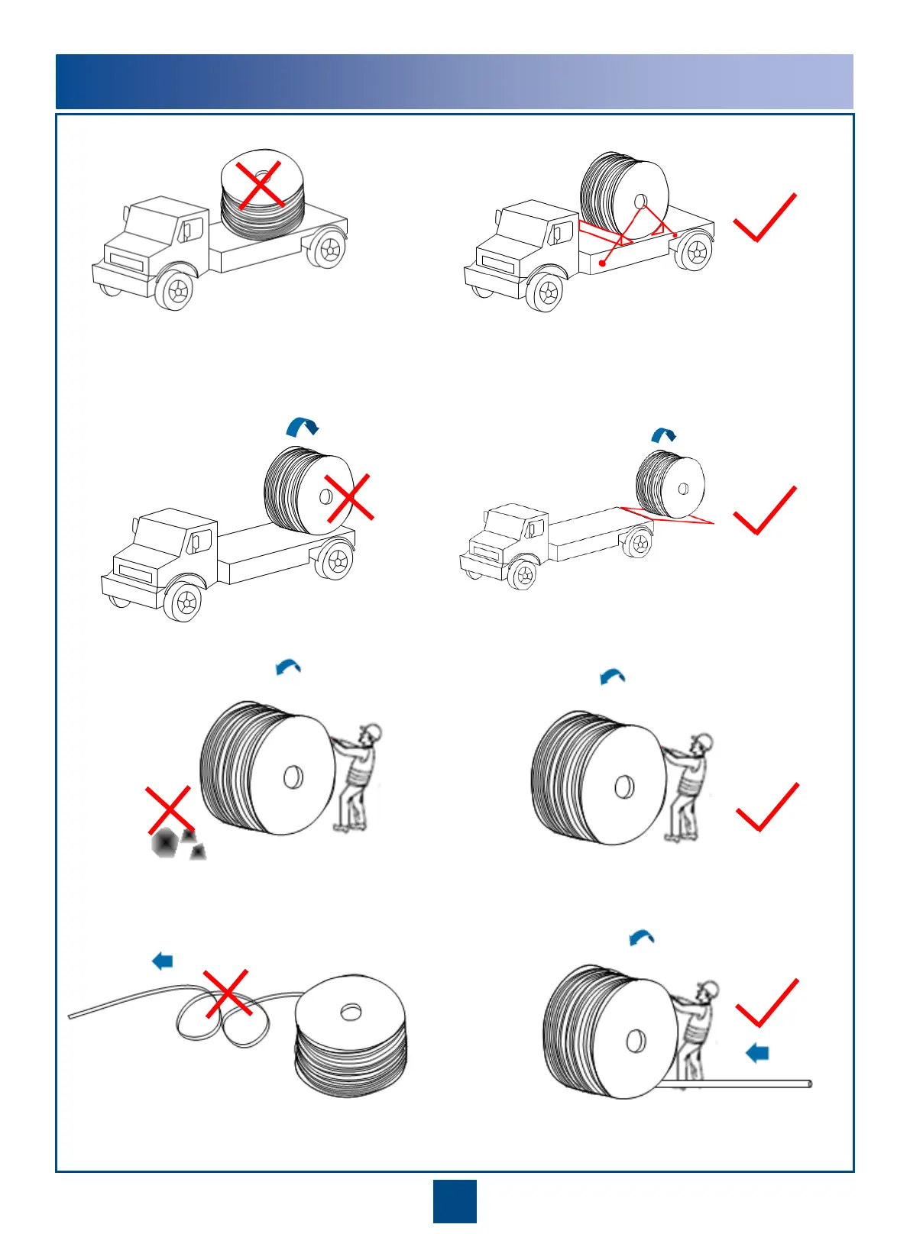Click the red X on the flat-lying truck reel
tap(261, 185)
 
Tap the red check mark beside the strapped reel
tap(764, 218)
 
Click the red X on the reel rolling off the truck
tap(349, 497)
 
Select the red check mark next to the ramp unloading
tap(764, 511)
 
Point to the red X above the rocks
tap(169, 810)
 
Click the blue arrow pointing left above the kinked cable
tap(163, 961)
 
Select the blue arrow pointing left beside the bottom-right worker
tap(757, 1054)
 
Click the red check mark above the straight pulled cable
tap(766, 1003)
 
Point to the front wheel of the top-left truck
tap(177, 291)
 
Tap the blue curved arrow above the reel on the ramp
tap(663, 435)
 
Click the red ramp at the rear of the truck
tap(672, 516)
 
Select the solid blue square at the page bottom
tap(455, 1201)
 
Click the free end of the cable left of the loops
tap(71, 1016)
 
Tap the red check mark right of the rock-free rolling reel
tap(766, 807)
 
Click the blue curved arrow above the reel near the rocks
tap(288, 667)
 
